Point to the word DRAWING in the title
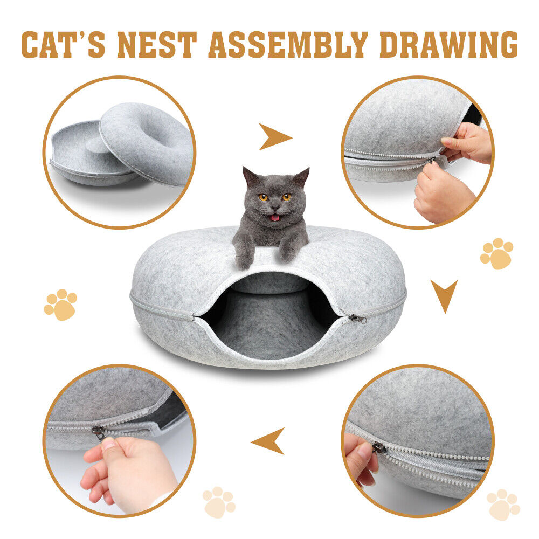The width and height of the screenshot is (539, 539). click(x=448, y=45)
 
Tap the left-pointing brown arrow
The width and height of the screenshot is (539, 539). click(x=269, y=440)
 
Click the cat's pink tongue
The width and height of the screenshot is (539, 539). click(x=275, y=218)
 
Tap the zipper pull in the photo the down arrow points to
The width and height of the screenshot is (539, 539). click(x=379, y=447)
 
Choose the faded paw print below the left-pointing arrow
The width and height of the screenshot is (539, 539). click(x=219, y=502)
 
